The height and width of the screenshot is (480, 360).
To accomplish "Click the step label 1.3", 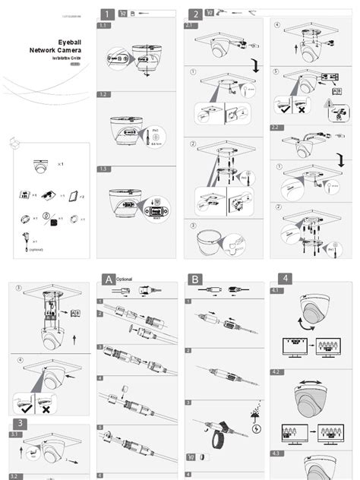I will tap(103, 169).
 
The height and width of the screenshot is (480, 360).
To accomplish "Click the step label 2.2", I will tap(276, 128).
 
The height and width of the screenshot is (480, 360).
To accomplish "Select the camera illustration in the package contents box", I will tap(43, 166).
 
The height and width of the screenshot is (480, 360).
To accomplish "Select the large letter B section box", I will tap(196, 279).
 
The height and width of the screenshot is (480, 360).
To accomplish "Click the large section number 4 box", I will tap(283, 279).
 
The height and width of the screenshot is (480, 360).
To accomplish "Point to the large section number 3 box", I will tap(17, 422).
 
